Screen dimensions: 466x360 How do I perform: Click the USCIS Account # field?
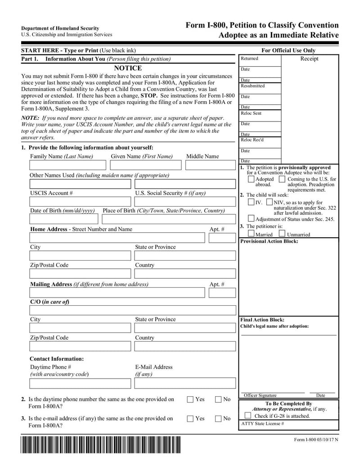(x=81, y=202)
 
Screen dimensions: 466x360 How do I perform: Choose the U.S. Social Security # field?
(x=184, y=202)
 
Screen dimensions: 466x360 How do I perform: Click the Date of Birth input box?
(x=64, y=219)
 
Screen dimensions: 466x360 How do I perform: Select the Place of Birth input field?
(x=169, y=219)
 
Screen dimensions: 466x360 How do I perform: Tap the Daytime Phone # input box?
(x=81, y=383)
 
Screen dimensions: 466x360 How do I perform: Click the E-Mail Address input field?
(x=184, y=383)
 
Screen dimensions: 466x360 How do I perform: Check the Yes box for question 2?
(x=190, y=399)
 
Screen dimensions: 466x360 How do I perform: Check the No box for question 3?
(x=218, y=418)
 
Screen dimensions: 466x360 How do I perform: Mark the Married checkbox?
(x=251, y=234)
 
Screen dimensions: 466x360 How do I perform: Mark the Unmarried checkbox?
(x=282, y=234)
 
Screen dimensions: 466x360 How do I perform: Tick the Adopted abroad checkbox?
(x=251, y=179)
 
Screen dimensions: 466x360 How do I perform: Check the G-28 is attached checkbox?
(x=248, y=416)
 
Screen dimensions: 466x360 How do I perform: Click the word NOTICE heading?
(x=128, y=68)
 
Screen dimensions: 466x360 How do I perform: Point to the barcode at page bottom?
(x=100, y=445)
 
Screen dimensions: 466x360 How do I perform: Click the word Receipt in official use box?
(x=309, y=59)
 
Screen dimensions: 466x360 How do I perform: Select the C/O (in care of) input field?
(x=132, y=310)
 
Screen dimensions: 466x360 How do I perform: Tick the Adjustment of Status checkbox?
(x=251, y=219)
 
